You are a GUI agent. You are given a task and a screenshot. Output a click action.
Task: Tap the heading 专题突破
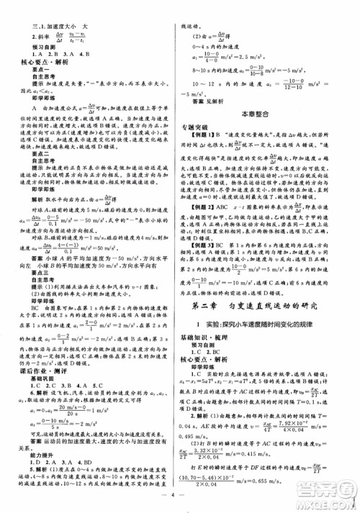[203, 125]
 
